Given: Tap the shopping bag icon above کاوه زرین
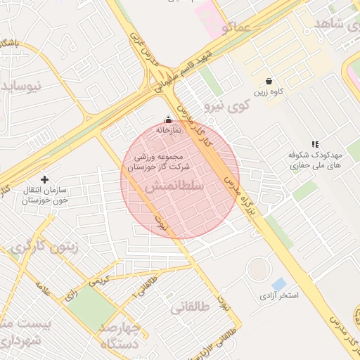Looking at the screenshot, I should click(269, 81).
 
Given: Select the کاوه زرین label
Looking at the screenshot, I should click(269, 93).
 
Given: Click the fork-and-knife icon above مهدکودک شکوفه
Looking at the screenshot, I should click(314, 143).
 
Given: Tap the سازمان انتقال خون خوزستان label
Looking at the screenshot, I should click(42, 195).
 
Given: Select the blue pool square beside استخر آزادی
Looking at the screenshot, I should click(279, 285).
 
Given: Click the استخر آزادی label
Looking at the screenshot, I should click(279, 296).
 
